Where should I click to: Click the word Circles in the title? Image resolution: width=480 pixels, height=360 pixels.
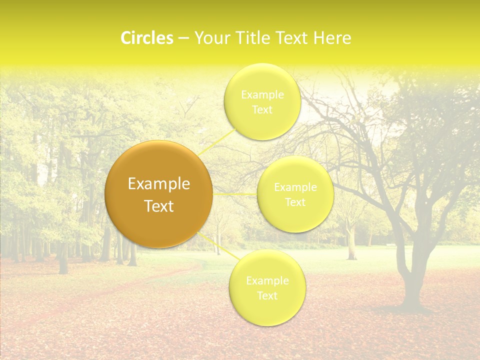[146, 38]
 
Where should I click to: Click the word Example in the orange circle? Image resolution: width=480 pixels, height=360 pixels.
[159, 184]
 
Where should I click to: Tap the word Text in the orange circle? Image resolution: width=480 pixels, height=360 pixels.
[159, 206]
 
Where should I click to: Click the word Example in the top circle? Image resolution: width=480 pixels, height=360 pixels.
[262, 94]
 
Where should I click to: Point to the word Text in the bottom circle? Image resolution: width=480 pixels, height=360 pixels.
[267, 295]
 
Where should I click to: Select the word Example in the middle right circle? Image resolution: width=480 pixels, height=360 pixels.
[295, 187]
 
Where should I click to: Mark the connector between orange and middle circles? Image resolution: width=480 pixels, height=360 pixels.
[235, 193]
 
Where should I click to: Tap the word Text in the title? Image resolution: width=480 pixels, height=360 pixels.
[290, 38]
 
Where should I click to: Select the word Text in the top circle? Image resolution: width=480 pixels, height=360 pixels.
[262, 109]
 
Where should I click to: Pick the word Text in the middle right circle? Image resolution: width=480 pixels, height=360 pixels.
[295, 202]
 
